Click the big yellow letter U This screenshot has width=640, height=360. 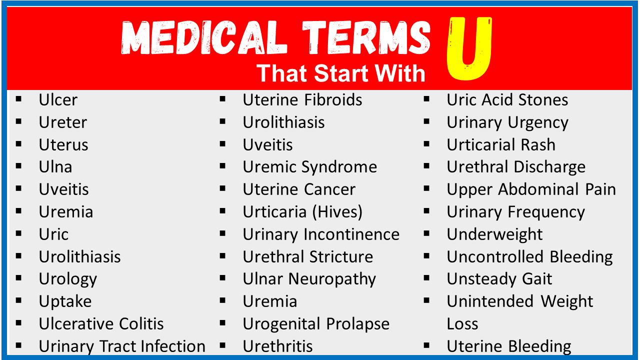pyautogui.click(x=469, y=48)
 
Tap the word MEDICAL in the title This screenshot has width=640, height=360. pyautogui.click(x=204, y=37)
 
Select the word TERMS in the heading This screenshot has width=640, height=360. pyautogui.click(x=366, y=37)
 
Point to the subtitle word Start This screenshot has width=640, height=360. pyautogui.click(x=341, y=73)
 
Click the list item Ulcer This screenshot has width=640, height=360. pyautogui.click(x=58, y=100)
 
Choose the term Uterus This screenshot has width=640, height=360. pyautogui.click(x=63, y=145)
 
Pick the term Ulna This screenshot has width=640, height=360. pyautogui.click(x=55, y=167)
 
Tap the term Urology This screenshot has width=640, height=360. pyautogui.click(x=68, y=279)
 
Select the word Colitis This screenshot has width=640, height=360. pyautogui.click(x=141, y=323)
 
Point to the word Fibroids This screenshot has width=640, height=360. pyautogui.click(x=333, y=100)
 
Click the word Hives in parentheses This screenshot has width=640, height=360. pyautogui.click(x=337, y=212)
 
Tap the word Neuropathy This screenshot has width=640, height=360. pyautogui.click(x=332, y=279)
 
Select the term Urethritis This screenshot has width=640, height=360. pyautogui.click(x=277, y=346)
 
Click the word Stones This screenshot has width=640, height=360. pyautogui.click(x=543, y=100)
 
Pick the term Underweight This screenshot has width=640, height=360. pyautogui.click(x=494, y=235)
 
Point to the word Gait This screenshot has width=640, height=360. pyautogui.click(x=537, y=279)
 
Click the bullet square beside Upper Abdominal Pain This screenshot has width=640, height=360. pyautogui.click(x=426, y=188)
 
